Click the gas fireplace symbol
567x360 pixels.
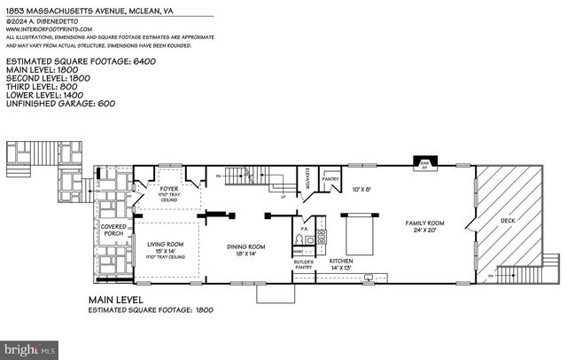tap(424, 163)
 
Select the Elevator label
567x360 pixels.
tap(307, 181)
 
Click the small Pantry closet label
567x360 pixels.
tap(330, 178)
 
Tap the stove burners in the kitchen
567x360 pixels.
tap(322, 237)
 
